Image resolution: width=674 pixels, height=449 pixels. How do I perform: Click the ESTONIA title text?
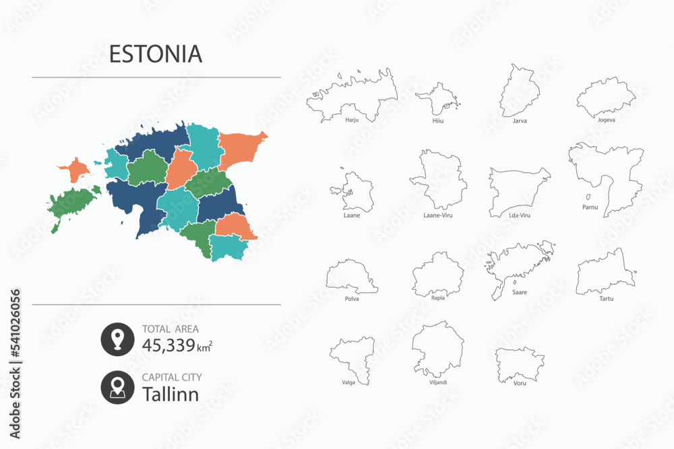(156, 54)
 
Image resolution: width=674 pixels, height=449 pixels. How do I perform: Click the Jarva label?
(520, 121)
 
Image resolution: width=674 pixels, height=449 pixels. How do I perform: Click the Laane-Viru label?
(438, 217)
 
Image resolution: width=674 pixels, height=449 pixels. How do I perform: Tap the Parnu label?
(590, 207)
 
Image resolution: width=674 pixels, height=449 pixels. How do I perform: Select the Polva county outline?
(350, 277)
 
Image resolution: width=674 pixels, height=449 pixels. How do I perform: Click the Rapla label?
(438, 297)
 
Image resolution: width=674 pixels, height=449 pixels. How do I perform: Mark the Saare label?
(519, 292)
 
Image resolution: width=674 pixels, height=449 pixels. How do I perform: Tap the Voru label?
(520, 383)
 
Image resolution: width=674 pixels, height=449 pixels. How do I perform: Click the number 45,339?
(168, 345)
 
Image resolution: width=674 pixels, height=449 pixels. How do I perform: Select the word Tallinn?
(171, 394)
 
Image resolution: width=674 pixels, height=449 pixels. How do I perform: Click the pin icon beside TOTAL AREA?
(117, 339)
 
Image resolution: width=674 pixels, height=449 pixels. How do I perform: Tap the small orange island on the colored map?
(76, 170)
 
